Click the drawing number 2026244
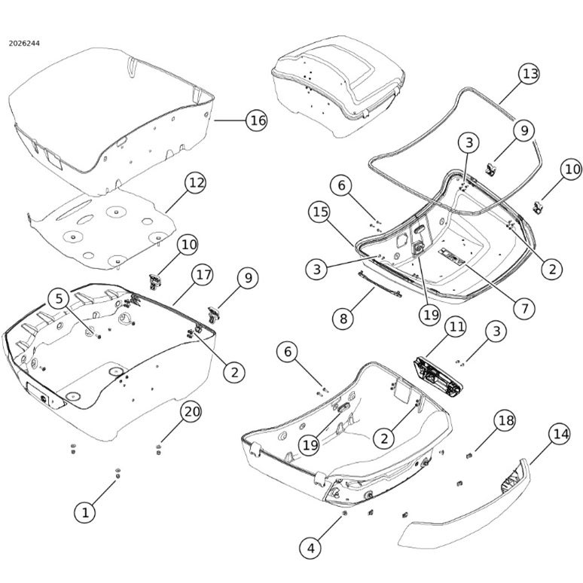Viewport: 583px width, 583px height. point(24,44)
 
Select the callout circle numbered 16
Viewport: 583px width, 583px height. point(257,120)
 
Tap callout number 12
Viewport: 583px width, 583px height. point(196,183)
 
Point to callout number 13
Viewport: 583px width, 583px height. point(529,74)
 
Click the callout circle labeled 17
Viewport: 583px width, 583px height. point(203,275)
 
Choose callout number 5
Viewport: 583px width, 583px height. point(59,299)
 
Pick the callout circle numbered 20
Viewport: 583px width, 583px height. point(191,412)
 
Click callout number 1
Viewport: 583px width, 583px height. point(85,513)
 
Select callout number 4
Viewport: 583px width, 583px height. point(310,548)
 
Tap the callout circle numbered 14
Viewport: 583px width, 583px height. point(560,435)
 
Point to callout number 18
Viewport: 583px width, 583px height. point(505,421)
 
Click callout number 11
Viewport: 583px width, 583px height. point(456,327)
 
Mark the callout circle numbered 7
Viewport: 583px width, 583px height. point(524,308)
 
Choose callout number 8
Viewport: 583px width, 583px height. point(343,319)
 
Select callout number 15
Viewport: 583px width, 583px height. point(319,212)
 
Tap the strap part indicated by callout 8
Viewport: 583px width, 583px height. point(379,285)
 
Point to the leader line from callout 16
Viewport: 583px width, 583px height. point(230,120)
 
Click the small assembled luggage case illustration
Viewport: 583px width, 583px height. point(337,87)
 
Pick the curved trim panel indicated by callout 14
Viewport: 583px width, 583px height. point(465,509)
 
